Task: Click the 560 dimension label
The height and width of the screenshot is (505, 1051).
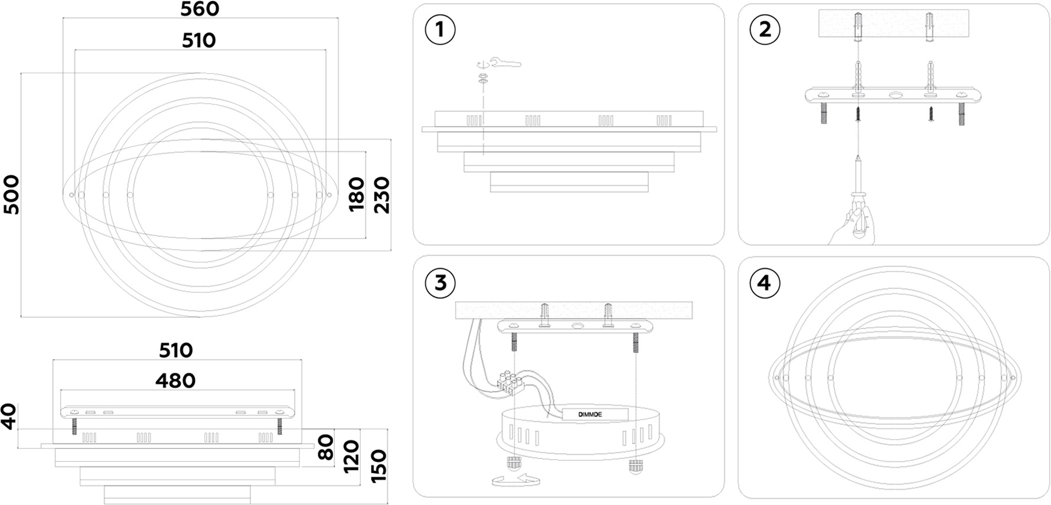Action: pyautogui.click(x=200, y=9)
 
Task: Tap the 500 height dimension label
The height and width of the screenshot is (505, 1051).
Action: pyautogui.click(x=11, y=194)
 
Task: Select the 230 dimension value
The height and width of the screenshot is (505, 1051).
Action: pyautogui.click(x=381, y=195)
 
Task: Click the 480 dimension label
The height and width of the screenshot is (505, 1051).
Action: pyautogui.click(x=175, y=380)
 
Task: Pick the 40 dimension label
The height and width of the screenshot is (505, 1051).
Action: pyautogui.click(x=9, y=416)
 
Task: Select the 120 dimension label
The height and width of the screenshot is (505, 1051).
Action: pyautogui.click(x=351, y=457)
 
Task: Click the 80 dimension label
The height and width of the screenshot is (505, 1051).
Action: pyautogui.click(x=326, y=447)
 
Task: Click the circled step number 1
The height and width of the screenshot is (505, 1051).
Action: pyautogui.click(x=440, y=30)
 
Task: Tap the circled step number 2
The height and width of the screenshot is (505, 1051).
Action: pyautogui.click(x=765, y=30)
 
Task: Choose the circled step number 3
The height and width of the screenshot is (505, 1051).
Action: pyautogui.click(x=440, y=283)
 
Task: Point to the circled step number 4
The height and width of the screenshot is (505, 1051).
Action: pyautogui.click(x=764, y=283)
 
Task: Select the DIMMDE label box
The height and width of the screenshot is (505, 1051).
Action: pyautogui.click(x=590, y=415)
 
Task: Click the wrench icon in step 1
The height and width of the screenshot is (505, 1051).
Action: pyautogui.click(x=505, y=62)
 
